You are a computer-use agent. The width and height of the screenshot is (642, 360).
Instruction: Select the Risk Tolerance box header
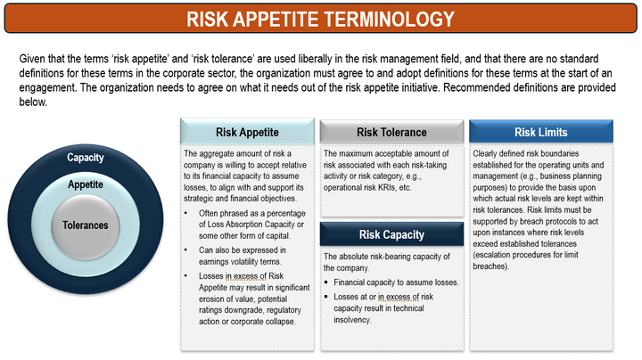point(391,133)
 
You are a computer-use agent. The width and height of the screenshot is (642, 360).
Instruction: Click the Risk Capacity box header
point(391,235)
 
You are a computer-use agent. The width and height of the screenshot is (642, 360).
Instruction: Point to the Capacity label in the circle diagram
point(86,158)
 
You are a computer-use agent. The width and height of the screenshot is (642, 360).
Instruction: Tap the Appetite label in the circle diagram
point(86,185)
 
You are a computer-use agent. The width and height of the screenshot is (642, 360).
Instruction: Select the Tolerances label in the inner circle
point(86,225)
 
